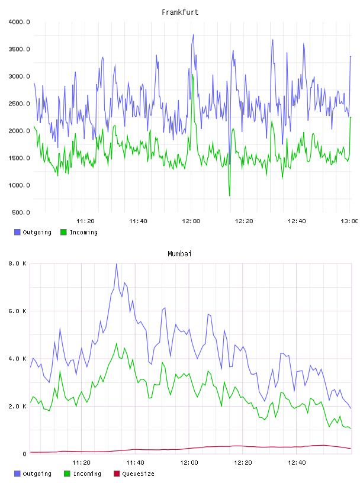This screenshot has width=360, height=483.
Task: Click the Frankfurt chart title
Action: pos(180,12)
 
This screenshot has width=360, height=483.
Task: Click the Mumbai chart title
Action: pos(179,253)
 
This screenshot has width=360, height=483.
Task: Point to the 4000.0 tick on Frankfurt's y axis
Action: pos(19,22)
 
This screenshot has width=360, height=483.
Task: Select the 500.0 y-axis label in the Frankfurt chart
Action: pos(21,212)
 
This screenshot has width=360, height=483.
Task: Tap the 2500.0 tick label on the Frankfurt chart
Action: pos(19,104)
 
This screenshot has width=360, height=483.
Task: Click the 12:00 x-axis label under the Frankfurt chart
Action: pos(191,221)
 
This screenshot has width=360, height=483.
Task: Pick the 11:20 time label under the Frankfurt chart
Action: pos(85,221)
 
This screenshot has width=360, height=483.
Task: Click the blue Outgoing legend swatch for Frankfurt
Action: pos(17,232)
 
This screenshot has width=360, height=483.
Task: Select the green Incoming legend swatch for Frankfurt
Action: pos(63,232)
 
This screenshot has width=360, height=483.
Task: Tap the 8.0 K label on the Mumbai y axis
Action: pos(17,263)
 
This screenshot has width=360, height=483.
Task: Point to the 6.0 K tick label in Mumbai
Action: pos(17,311)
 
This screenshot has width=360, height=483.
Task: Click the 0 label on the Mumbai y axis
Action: pos(25,454)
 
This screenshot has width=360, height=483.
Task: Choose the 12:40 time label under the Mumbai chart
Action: pos(297,462)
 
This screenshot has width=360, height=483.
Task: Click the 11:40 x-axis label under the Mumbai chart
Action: pos(135,462)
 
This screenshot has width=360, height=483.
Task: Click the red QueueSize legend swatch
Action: pos(117,474)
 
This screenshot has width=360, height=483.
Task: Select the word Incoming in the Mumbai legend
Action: pos(87,474)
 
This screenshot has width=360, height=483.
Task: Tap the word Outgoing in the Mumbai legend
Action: pos(37,474)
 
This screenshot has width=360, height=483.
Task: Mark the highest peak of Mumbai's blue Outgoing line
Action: pos(117,263)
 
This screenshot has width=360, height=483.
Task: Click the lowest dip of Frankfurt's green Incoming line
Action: pos(230,195)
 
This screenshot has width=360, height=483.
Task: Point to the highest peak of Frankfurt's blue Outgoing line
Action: pos(193,35)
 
